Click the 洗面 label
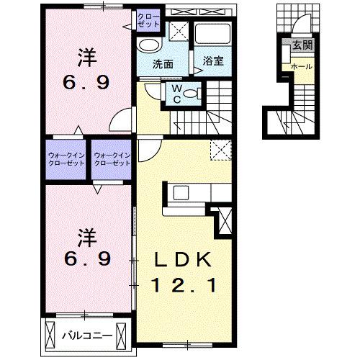[x=162, y=63]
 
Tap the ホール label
[x=301, y=67]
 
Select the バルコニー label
[x=85, y=335]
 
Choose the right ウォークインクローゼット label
[x=112, y=158]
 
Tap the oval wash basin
[x=148, y=44]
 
